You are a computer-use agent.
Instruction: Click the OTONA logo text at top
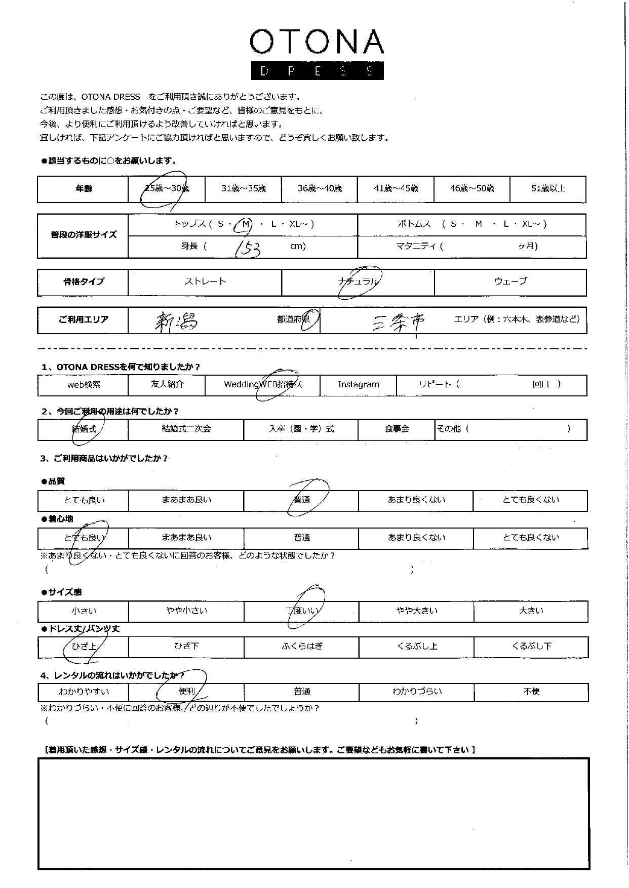coord(317,42)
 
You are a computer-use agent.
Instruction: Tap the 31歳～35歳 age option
coord(243,189)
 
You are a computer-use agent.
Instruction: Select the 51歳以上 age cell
coord(548,189)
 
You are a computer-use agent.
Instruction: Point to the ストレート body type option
coord(205,281)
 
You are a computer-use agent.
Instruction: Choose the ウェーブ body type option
coord(510,281)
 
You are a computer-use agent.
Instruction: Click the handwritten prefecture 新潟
coord(176,321)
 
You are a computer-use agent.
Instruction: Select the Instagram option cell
coord(358,385)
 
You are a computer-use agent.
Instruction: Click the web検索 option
coord(84,385)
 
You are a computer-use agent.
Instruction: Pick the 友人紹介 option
coord(167,385)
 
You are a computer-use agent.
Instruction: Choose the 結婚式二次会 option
coord(186,429)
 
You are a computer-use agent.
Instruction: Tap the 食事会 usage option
coord(397,429)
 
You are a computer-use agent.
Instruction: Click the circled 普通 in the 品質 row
coord(302,500)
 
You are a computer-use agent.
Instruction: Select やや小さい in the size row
coord(186,611)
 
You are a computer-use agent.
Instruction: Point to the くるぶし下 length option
coord(531,647)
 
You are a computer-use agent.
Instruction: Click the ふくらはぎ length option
coord(302,647)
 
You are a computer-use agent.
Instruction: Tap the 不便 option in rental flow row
coord(531,692)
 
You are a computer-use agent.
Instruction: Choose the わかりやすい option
coord(84,692)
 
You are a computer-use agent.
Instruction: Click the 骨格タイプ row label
coord(83,282)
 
